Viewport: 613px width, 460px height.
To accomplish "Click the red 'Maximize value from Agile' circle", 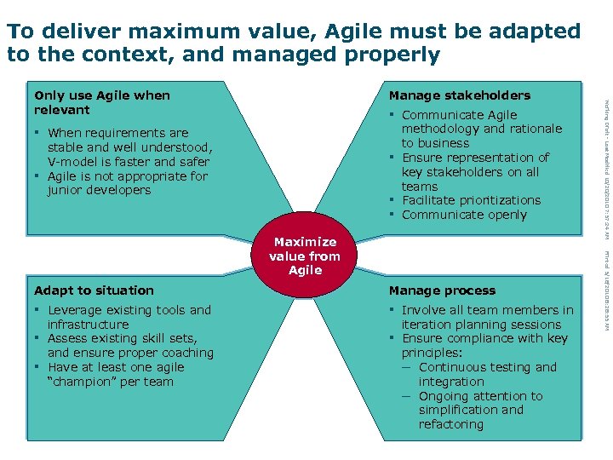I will point(305,256).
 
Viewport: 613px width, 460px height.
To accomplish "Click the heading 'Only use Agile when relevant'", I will point(101,102).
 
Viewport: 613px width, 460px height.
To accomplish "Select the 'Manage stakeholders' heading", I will point(459,95).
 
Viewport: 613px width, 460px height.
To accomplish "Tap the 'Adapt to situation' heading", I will point(94,290).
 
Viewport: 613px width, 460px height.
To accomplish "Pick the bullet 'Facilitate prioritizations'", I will point(471,200).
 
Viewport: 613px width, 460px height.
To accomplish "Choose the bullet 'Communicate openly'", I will point(464,215).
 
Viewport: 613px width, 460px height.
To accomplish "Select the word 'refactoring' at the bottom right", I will point(451,424).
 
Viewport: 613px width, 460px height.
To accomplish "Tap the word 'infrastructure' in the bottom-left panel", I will point(88,325).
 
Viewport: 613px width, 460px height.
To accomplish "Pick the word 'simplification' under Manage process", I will point(461,410).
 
